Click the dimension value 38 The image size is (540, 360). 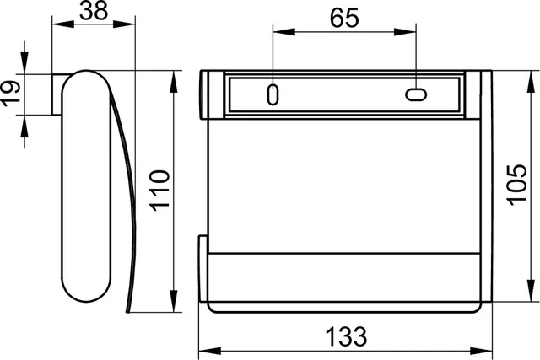(x=94, y=10)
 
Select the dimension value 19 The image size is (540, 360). (x=9, y=94)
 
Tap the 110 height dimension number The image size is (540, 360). (x=159, y=191)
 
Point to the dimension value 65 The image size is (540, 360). (x=344, y=19)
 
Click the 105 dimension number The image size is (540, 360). (x=517, y=185)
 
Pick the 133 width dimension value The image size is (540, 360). (x=346, y=336)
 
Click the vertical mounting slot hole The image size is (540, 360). (x=273, y=94)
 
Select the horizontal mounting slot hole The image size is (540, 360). (x=416, y=94)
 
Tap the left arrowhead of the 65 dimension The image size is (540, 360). (x=283, y=32)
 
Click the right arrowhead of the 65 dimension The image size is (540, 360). (x=405, y=32)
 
